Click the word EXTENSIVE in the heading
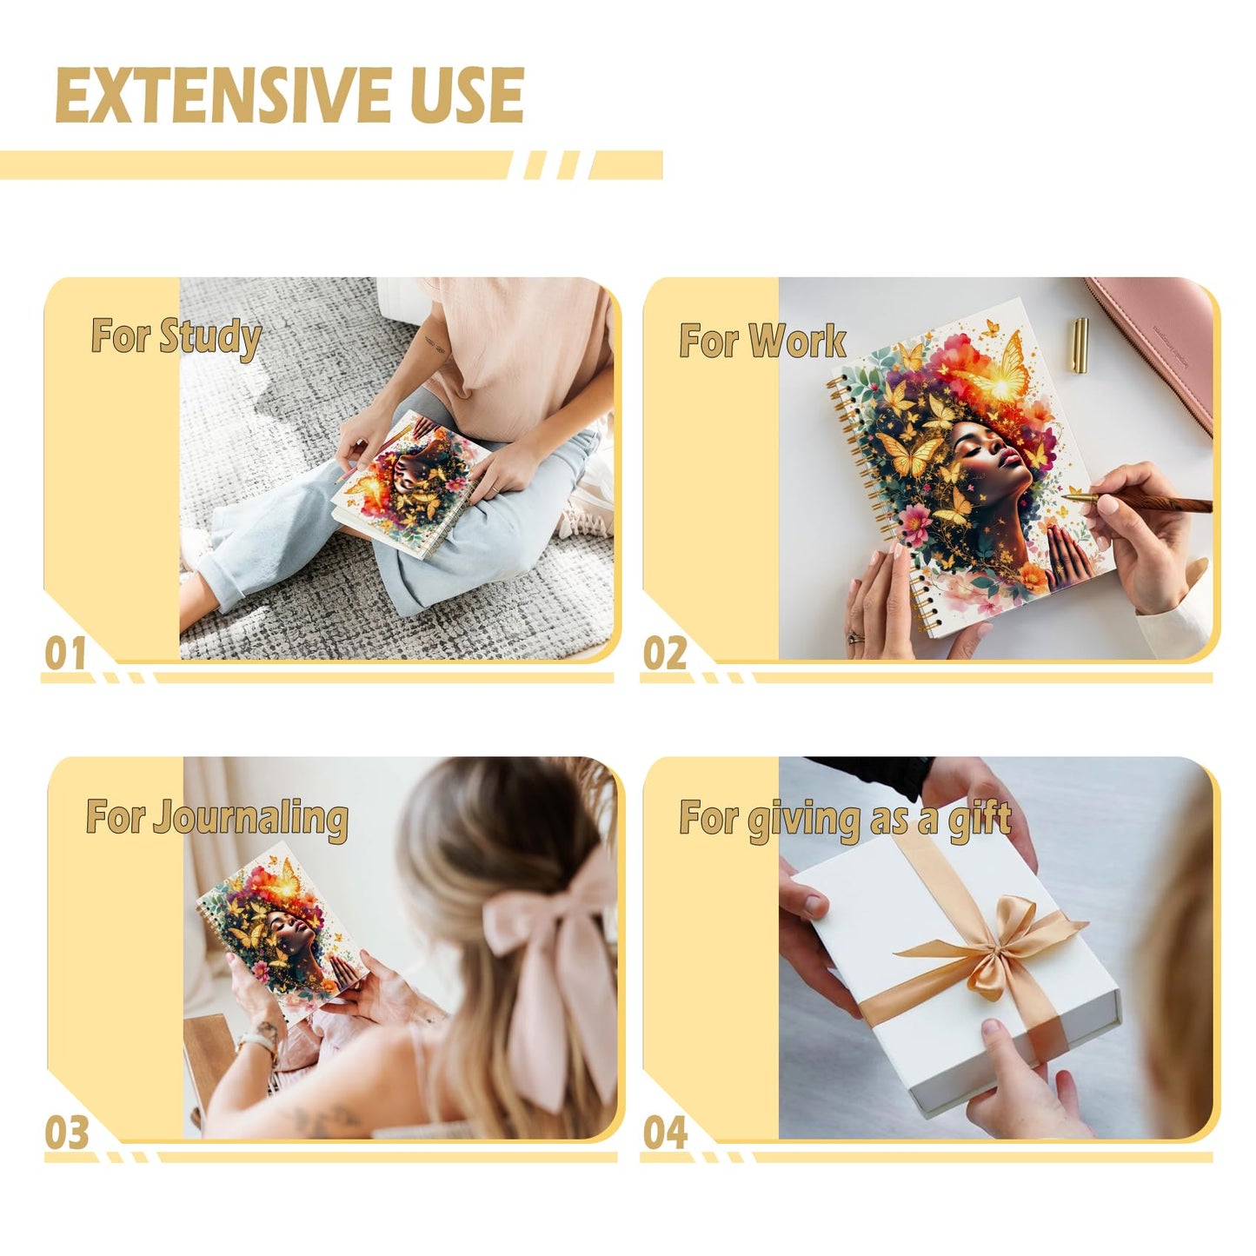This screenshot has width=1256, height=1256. point(223,95)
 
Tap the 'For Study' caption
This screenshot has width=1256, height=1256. point(176,337)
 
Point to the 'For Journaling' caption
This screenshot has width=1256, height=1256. point(217,819)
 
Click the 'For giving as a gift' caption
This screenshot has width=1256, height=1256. point(845,820)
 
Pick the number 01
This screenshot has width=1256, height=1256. point(65,653)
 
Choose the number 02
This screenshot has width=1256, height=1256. point(665,653)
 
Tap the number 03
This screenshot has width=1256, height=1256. point(66,1133)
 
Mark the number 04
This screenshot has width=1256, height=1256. point(665,1133)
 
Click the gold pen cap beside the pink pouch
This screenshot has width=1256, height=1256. point(1080,345)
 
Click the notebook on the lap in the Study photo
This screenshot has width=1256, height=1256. point(410,483)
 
